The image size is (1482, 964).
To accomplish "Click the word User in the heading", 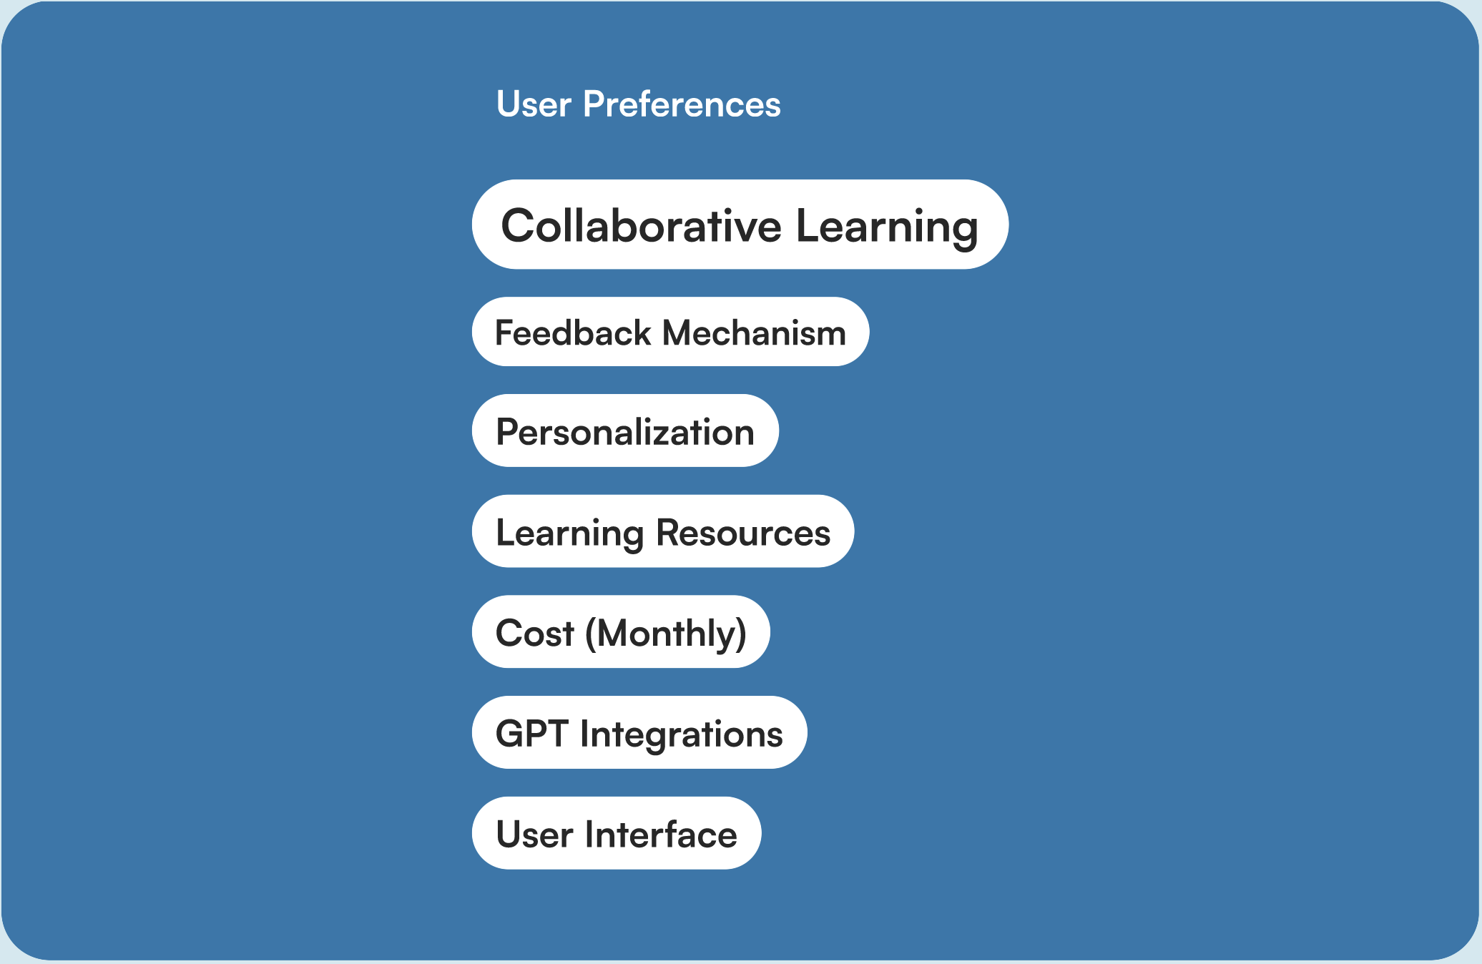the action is click(534, 104).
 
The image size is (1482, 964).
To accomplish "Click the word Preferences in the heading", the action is click(682, 104).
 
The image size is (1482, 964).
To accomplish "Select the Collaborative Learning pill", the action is click(740, 225).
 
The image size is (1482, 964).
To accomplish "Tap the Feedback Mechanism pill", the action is click(670, 332).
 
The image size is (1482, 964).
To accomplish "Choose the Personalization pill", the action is click(625, 431).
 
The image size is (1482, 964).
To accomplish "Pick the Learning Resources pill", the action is click(663, 531).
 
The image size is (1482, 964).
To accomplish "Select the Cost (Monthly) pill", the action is click(621, 631).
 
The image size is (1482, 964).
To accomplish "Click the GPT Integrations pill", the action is click(639, 732).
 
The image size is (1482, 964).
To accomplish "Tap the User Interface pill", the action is click(617, 833).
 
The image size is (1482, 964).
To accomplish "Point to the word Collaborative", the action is click(642, 225).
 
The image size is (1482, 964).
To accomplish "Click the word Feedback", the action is click(573, 333).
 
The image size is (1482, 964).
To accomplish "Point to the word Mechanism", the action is click(754, 333).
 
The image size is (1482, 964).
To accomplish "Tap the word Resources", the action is click(743, 533).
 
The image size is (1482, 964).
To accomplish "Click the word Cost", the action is click(535, 634).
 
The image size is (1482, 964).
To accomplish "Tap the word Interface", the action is click(661, 835).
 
